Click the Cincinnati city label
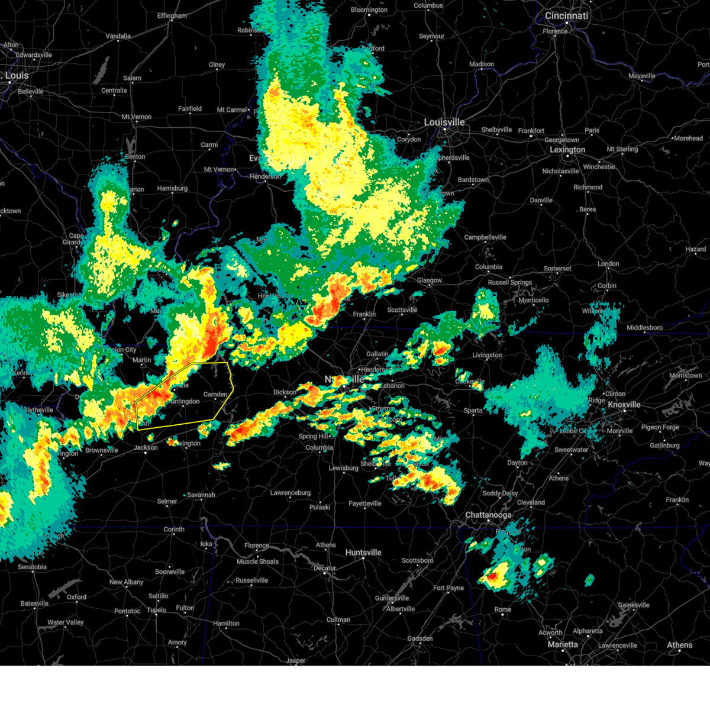(567, 16)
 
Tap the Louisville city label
(444, 122)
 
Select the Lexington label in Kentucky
(567, 150)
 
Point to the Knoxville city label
(624, 405)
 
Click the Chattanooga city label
(488, 515)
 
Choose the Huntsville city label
(363, 553)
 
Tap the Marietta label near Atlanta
(563, 644)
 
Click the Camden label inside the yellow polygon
(215, 394)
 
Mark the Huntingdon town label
(184, 402)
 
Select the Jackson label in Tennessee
(146, 448)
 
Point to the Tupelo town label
(156, 610)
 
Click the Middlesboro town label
(644, 328)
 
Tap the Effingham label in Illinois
(172, 16)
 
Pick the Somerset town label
(557, 269)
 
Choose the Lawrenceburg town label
(291, 493)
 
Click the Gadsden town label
(420, 639)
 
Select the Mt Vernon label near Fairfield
(137, 117)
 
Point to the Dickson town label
(285, 392)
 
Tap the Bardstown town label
(473, 180)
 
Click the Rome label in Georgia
(503, 610)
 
